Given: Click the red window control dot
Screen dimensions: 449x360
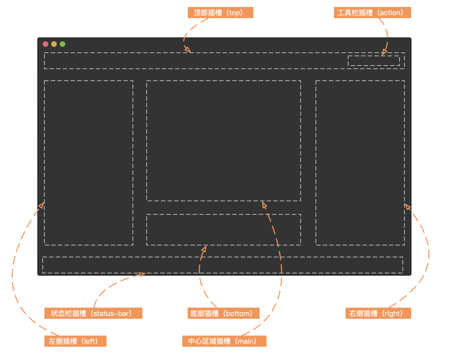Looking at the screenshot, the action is point(46,44).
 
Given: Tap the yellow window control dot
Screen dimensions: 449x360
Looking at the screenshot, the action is point(54,44).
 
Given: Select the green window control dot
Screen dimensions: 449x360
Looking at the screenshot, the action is point(62,44).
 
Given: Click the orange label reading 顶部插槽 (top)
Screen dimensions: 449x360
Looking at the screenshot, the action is point(220,12).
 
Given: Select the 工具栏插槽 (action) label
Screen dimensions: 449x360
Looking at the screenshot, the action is point(372,12).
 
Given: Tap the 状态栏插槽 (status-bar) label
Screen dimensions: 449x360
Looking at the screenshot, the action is point(94,313).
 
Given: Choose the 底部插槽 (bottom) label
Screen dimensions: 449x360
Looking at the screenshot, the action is point(223,313).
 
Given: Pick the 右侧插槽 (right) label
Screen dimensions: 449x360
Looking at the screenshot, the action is point(378,313).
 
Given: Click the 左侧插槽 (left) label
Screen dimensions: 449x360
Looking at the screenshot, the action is point(75,341).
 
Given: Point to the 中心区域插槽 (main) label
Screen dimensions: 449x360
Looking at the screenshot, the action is point(224,341).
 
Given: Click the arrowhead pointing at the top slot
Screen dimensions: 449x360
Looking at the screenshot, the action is point(187,49).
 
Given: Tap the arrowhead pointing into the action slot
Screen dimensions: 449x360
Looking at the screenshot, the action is point(384,52).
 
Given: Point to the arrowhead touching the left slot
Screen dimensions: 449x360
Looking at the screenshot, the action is point(42,205).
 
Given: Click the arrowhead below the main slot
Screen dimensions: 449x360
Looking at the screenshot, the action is point(264,205).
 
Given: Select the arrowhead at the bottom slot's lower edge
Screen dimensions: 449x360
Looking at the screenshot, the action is point(204,249).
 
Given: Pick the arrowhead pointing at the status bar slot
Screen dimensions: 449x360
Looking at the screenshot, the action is point(141,274).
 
